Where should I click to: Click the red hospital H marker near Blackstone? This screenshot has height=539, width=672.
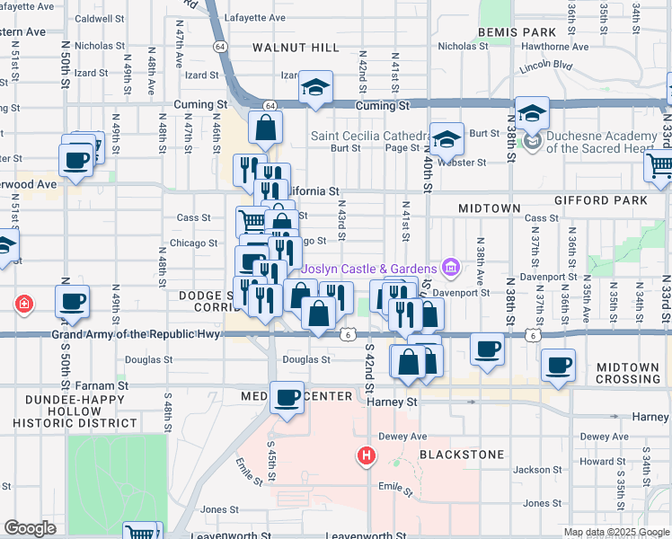click(x=366, y=456)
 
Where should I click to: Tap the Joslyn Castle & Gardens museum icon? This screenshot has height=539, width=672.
click(x=451, y=268)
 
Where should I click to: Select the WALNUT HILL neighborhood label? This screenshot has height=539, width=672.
click(x=295, y=47)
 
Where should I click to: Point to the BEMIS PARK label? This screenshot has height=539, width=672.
click(x=517, y=31)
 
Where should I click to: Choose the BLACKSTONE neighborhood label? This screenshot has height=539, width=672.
click(x=461, y=455)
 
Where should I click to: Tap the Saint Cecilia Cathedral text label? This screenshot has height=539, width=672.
click(x=368, y=136)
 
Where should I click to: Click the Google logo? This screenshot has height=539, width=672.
click(x=30, y=528)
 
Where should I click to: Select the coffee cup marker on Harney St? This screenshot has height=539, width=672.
click(x=287, y=397)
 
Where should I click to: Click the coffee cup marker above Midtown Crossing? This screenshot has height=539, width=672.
click(x=558, y=366)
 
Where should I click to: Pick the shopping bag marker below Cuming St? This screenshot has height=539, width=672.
click(x=266, y=128)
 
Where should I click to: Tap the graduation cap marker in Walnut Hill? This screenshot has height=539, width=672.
click(x=315, y=87)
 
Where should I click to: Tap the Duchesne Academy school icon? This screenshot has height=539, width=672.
click(x=533, y=141)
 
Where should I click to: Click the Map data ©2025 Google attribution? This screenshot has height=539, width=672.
click(x=616, y=532)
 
